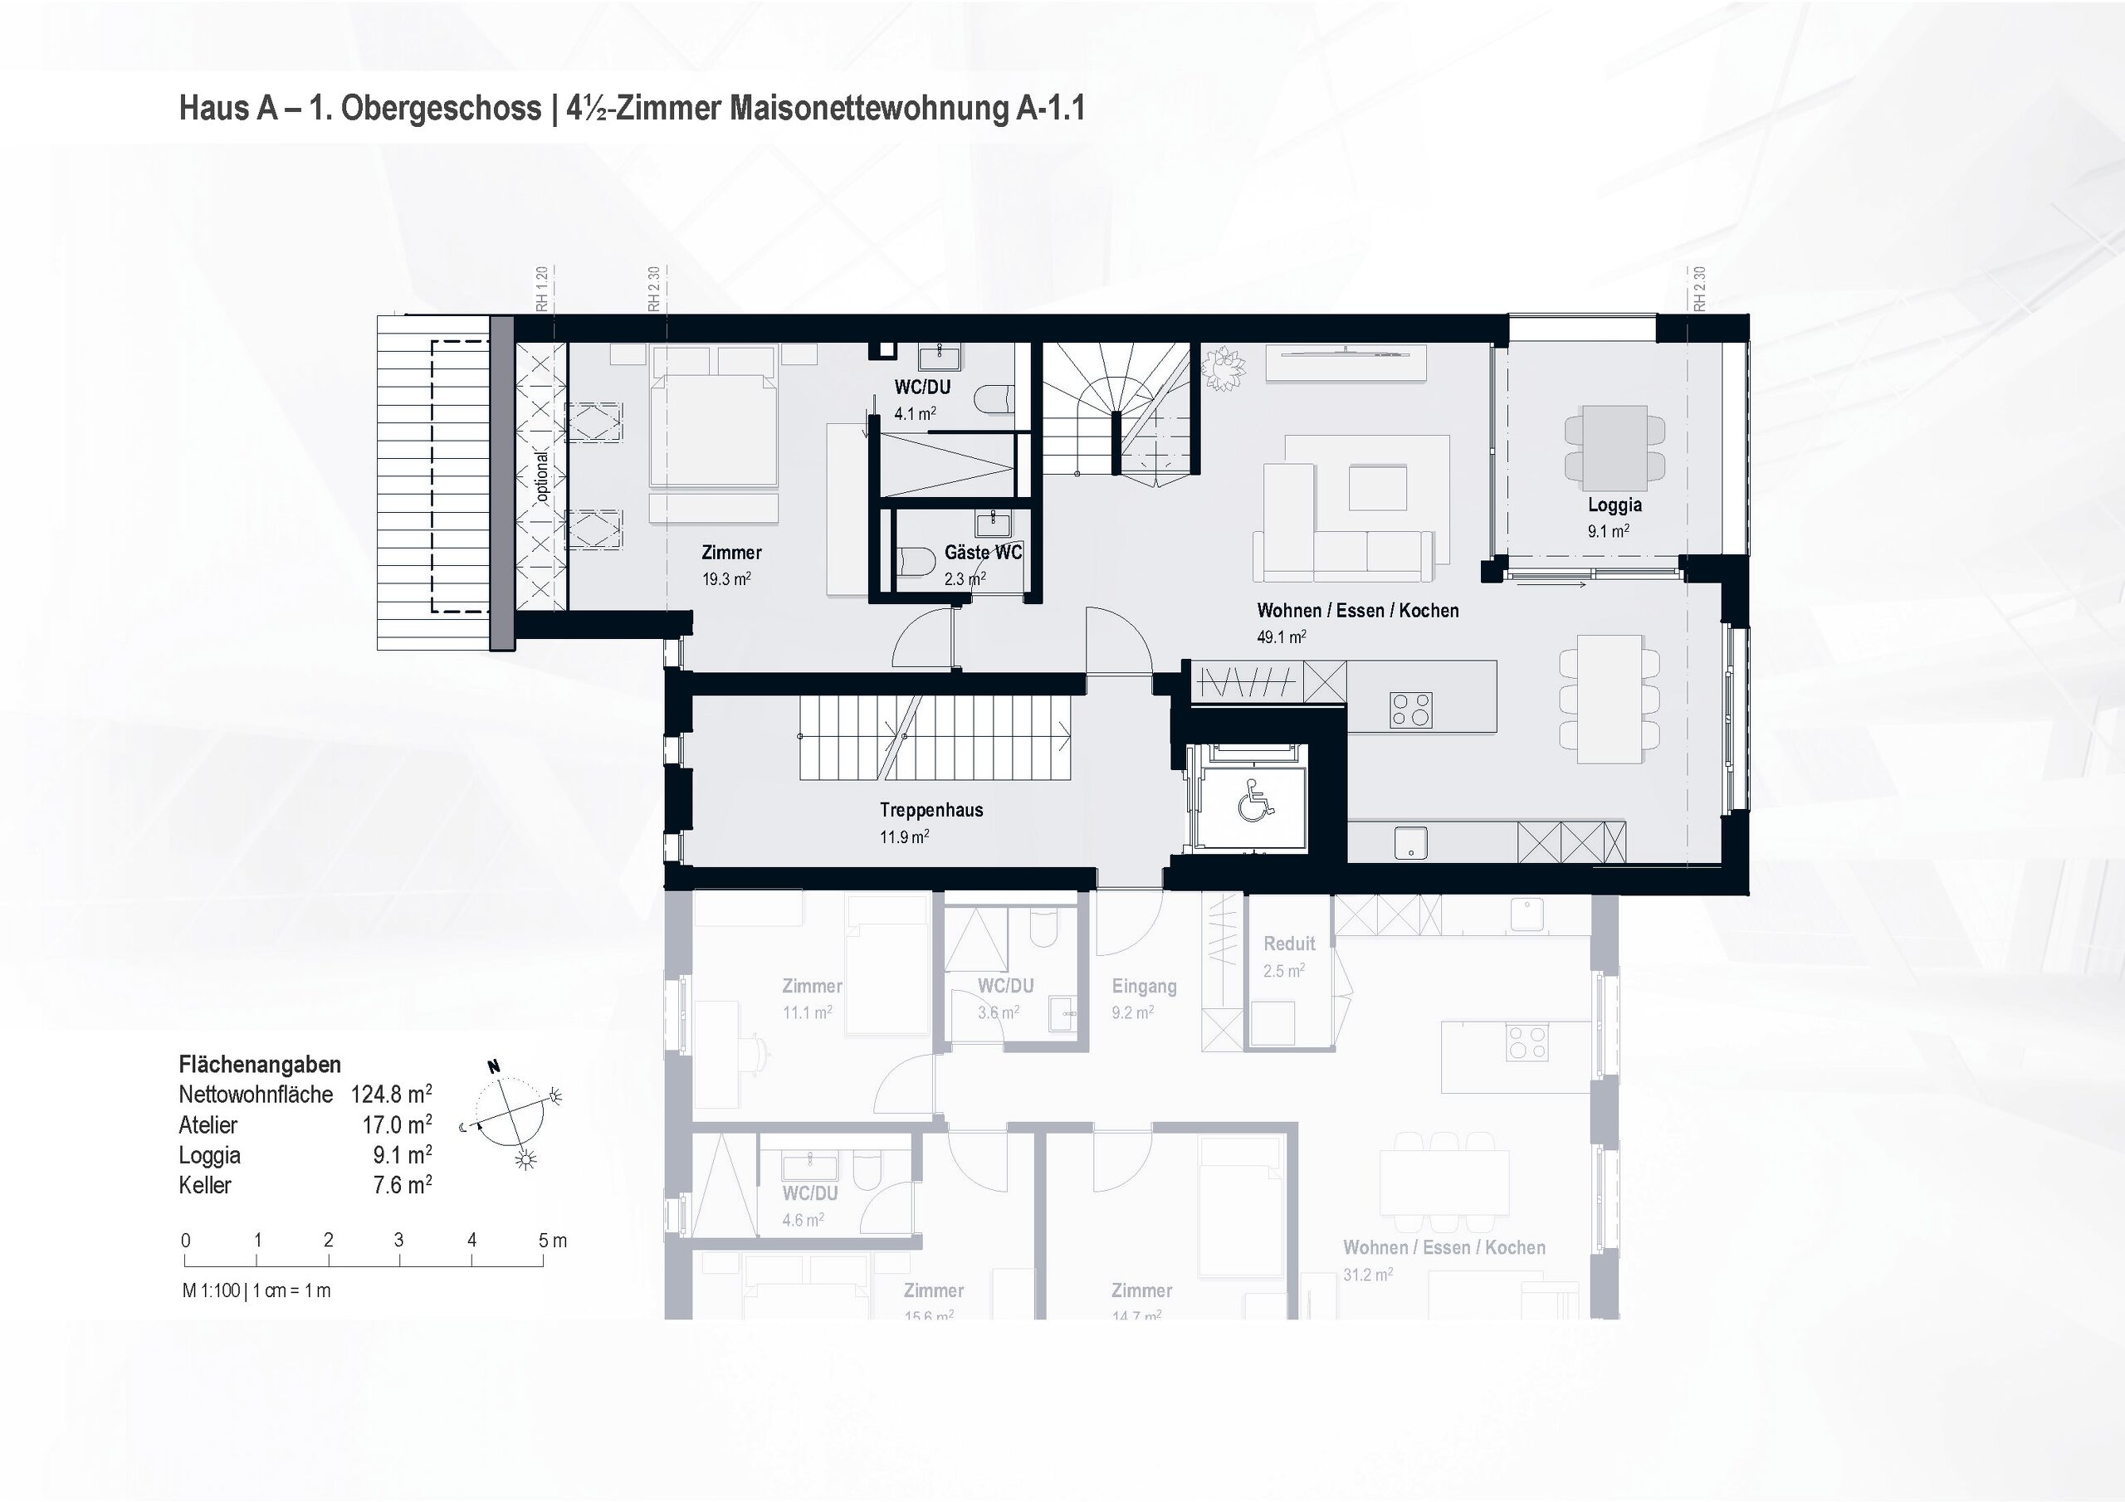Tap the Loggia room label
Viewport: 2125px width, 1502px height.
pos(1615,505)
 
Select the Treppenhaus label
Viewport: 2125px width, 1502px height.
pos(931,811)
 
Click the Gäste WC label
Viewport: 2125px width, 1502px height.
pos(982,553)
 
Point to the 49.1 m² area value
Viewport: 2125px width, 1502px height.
pos(1281,637)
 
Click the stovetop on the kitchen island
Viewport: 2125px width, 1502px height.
pos(1410,710)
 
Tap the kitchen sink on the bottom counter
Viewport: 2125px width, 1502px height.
pos(1410,843)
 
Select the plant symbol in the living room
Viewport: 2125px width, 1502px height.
pos(1223,368)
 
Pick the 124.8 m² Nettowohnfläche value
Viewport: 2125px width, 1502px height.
pos(391,1095)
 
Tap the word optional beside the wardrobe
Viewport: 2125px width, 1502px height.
pos(542,475)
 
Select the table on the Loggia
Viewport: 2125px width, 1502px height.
pos(1615,448)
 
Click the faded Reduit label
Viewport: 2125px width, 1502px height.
pos(1288,944)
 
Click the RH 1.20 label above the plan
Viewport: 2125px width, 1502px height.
pos(542,289)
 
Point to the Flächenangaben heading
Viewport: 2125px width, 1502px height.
pos(259,1065)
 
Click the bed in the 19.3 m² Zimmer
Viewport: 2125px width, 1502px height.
pos(711,426)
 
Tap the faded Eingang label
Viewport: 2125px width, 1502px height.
pos(1144,987)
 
